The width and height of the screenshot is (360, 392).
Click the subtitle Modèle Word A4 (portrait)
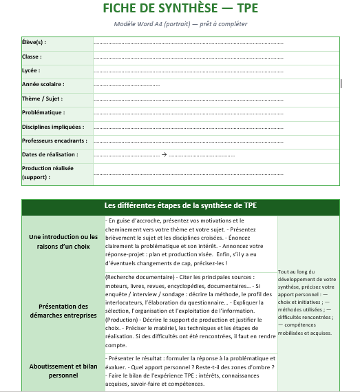pos(180,24)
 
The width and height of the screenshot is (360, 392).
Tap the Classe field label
pos(31,56)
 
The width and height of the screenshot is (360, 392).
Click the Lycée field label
pos(31,70)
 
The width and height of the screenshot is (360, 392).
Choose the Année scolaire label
pos(43,84)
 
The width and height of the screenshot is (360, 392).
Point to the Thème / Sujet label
pos(42,99)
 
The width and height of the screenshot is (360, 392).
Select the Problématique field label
pos(43,112)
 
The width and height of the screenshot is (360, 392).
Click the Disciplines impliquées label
pos(53,127)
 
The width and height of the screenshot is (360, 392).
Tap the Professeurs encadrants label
pos(54,141)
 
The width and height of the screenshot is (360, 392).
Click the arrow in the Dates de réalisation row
pos(165,155)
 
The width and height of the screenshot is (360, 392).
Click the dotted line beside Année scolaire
pos(127,85)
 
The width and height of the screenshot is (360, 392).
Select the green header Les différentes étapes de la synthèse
pos(180,206)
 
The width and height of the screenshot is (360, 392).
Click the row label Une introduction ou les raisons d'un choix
pos(63,241)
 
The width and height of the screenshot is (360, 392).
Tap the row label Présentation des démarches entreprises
pos(63,311)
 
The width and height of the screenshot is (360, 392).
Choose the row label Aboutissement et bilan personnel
pos(63,371)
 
